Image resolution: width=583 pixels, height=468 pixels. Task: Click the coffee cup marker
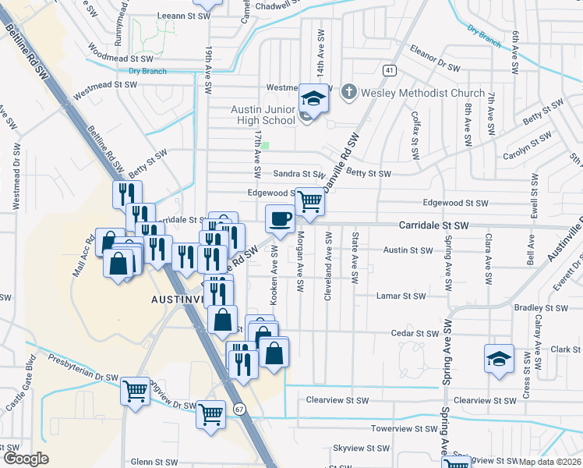click(281, 219)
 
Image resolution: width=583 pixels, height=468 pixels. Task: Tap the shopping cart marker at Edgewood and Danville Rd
click(310, 202)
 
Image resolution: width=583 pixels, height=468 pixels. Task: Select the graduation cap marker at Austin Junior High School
click(313, 98)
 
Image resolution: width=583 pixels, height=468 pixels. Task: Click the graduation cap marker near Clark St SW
click(499, 359)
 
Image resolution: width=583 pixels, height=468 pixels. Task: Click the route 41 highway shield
click(388, 70)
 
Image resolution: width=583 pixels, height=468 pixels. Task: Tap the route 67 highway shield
click(239, 409)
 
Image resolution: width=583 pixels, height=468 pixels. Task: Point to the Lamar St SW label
click(401, 296)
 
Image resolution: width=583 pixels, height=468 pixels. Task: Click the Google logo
click(25, 459)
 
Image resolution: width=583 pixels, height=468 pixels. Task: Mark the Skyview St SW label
click(361, 448)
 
